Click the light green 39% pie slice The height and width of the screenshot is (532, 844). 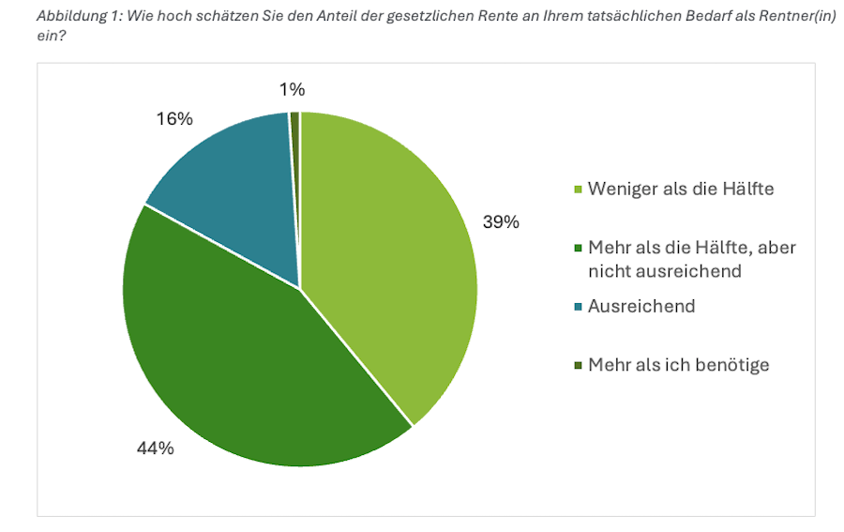394,253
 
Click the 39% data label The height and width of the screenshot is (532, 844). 501,222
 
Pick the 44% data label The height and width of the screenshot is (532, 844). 155,448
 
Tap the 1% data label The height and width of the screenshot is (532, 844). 292,90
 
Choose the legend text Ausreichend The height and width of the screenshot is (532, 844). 641,306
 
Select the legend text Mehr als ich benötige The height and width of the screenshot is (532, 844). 679,365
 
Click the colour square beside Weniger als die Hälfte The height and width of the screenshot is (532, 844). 578,190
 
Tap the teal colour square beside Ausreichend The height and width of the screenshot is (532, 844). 578,307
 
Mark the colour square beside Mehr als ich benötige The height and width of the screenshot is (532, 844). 578,366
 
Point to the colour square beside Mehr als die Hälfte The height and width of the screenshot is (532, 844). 578,249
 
